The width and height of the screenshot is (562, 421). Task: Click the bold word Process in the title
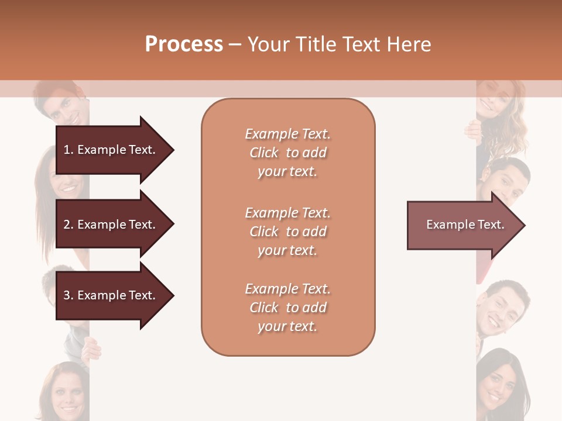pos(184,44)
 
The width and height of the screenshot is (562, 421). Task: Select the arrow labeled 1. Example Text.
pos(111,150)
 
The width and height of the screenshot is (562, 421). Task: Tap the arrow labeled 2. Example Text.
pos(111,225)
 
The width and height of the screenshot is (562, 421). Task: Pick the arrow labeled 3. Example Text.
pos(111,295)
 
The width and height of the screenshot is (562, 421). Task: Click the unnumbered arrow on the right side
pos(462,225)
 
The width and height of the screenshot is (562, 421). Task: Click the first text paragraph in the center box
pos(287,153)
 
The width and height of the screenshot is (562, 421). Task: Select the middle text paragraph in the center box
pos(287,232)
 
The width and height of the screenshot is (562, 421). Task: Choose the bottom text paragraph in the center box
pos(287,308)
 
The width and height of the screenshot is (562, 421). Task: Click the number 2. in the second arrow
pos(68,225)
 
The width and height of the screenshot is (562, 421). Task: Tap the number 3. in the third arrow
pos(68,295)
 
